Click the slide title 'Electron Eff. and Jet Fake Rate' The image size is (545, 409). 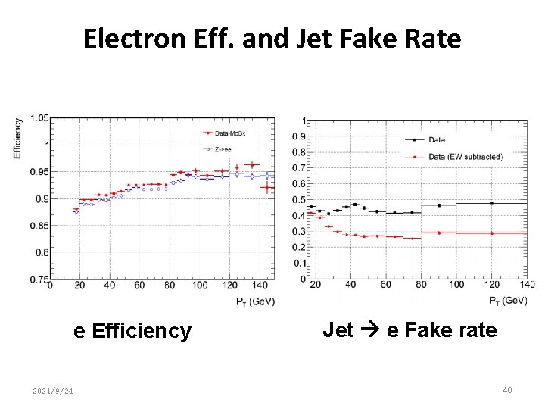coord(272,38)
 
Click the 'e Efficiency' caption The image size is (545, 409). coord(132,331)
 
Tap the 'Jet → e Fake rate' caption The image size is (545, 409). coord(410,329)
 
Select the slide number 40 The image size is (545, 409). coord(507,390)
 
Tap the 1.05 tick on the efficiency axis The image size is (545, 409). coord(39,118)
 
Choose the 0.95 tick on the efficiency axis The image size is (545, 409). coord(39,172)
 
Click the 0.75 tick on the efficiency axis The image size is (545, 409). coord(39,279)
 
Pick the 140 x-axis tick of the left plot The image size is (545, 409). coord(259,286)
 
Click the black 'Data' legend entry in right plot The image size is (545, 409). coord(437,139)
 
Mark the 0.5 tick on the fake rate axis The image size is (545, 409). coord(301,200)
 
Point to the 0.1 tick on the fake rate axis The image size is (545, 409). coord(301,264)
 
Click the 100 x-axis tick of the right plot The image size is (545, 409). coord(456,285)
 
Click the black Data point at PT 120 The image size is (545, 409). coord(492,203)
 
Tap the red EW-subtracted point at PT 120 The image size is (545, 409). coord(492,233)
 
